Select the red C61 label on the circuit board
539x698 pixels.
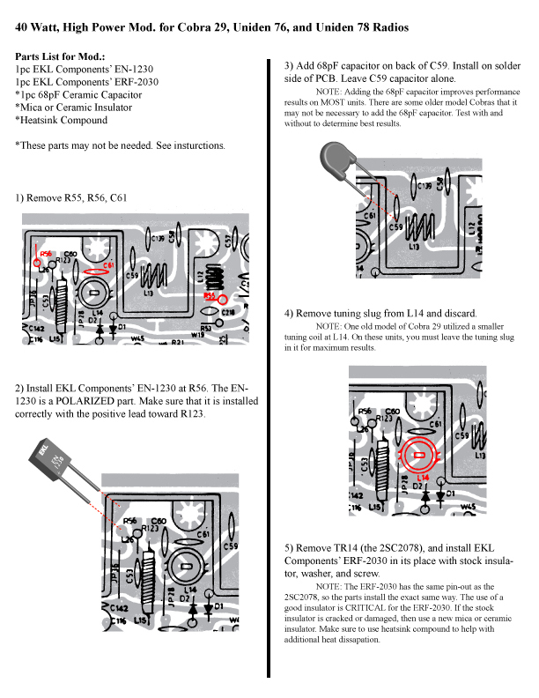click(108, 264)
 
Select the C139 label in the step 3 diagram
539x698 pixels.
click(425, 186)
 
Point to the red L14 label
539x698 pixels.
click(422, 477)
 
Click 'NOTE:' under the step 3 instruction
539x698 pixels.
click(330, 91)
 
